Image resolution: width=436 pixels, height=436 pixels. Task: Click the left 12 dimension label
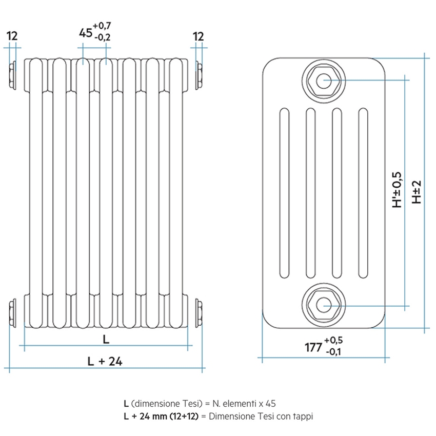[x=12, y=36]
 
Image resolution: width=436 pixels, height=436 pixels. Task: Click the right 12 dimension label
[x=198, y=36]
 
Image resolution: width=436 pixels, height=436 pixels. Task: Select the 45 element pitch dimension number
[x=85, y=32]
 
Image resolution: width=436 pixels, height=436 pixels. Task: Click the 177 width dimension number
[x=313, y=347]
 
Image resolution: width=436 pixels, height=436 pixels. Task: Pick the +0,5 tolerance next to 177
[x=333, y=340]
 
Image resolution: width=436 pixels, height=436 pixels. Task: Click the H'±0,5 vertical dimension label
[x=398, y=189]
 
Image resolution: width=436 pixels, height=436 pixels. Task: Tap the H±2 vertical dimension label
[x=417, y=191]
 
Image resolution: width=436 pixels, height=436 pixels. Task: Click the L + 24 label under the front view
[x=105, y=361]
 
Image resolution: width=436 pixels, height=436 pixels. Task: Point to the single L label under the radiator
[x=106, y=339]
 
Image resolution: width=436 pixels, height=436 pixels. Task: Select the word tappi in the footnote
[x=302, y=416]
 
